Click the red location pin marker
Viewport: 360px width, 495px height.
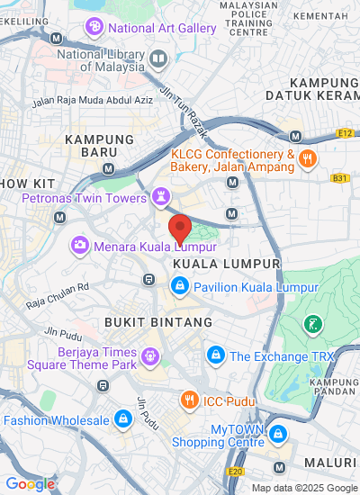[x=180, y=227]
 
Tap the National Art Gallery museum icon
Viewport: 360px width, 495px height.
[x=94, y=28]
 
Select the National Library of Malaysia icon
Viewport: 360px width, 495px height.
[x=159, y=59]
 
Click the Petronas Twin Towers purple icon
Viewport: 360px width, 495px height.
[x=160, y=195]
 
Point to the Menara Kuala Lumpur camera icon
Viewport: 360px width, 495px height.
[x=80, y=244]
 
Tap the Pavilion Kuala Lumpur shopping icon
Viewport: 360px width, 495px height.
[x=179, y=287]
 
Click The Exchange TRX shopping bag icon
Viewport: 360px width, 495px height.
[x=215, y=355]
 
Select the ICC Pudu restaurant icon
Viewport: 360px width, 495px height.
[x=189, y=399]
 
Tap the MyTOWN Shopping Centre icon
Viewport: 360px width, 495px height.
[x=279, y=435]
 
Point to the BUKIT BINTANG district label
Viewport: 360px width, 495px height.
[x=158, y=321]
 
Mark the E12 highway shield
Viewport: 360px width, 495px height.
[x=345, y=132]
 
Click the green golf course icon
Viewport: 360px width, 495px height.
[x=312, y=323]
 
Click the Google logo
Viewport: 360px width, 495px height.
[x=29, y=483]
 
